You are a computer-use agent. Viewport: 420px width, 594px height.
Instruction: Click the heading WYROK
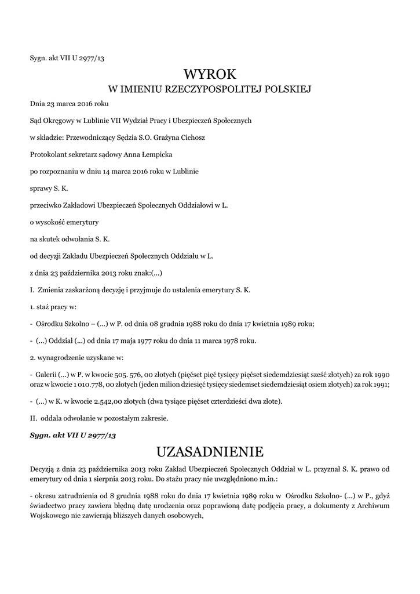[210, 74]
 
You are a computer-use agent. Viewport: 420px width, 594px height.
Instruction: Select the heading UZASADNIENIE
[210, 451]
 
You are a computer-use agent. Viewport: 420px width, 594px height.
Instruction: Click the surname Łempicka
[152, 154]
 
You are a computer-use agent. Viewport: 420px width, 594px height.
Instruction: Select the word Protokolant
[48, 154]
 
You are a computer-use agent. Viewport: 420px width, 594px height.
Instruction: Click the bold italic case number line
[73, 434]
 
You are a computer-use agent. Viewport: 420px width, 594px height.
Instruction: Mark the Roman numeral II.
[33, 418]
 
